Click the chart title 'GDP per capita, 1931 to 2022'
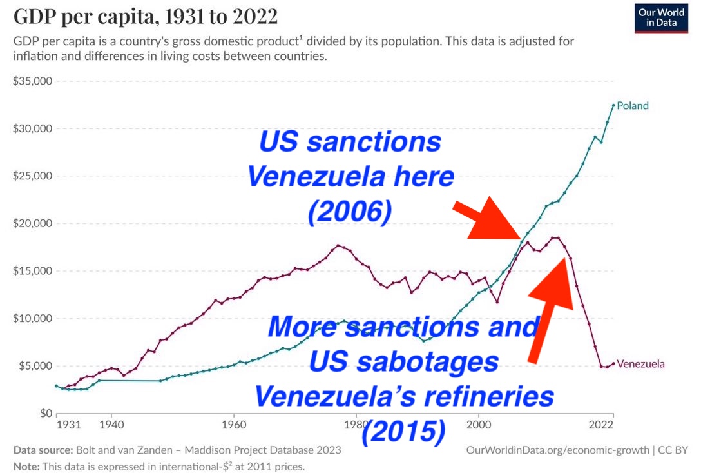point(146,17)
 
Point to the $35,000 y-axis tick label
point(32,81)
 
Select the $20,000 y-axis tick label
point(32,223)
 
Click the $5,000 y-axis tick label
point(35,366)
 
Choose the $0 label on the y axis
point(43,413)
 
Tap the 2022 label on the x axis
point(600,425)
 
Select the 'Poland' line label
point(633,106)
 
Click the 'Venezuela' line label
point(640,364)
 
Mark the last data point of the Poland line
point(613,105)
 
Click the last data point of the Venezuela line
point(613,363)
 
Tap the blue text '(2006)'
point(349,212)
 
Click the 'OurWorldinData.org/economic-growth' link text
point(557,450)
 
